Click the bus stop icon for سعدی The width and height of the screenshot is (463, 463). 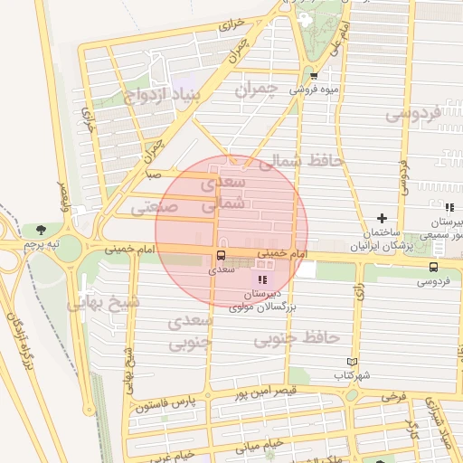pos(221,256)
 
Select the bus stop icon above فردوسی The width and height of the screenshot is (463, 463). pos(435,267)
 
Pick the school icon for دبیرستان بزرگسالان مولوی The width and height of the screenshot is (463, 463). pos(264,280)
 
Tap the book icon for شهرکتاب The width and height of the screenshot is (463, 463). pos(353,362)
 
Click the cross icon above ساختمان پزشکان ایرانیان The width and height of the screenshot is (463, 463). pos(383,218)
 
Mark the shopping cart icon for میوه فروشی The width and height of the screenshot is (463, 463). pos(314,76)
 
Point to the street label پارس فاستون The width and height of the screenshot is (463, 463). pos(165,402)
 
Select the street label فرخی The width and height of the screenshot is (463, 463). pos(393,396)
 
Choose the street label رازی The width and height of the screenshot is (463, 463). pos(359,291)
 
